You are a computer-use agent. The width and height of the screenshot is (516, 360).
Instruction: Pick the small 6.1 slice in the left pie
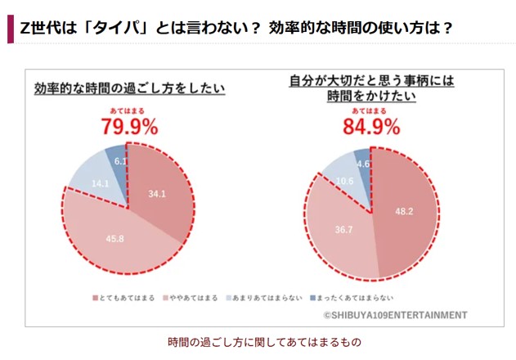119,162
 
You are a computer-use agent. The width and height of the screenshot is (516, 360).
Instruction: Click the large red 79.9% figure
129,127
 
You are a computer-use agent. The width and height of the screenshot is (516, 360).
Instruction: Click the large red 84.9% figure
371,127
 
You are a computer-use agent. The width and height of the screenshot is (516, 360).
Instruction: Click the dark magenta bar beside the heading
10,28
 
